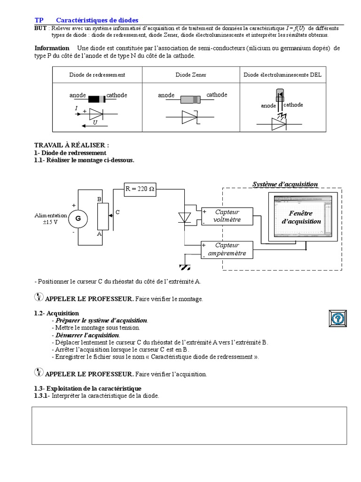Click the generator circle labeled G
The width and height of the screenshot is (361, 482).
point(78,218)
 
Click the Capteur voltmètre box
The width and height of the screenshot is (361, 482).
point(227,216)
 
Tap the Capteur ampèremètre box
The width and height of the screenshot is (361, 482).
point(227,249)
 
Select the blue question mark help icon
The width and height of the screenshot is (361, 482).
point(337,319)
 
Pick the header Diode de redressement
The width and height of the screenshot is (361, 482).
point(97,75)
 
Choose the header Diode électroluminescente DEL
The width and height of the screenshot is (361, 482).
point(283,75)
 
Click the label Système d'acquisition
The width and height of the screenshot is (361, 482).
point(285,184)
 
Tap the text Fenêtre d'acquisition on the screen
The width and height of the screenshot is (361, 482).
point(301,217)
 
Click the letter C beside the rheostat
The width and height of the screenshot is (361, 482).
point(118,212)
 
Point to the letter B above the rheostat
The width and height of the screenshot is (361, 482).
point(100,199)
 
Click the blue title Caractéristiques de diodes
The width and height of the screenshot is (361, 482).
point(97,20)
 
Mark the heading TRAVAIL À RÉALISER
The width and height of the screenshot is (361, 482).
point(71,145)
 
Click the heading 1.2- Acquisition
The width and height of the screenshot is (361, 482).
point(56,313)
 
